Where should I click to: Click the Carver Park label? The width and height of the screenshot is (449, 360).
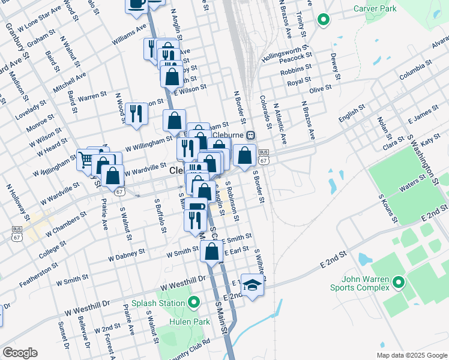pyautogui.click(x=375, y=9)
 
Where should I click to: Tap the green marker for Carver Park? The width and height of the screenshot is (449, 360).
pyautogui.click(x=324, y=20)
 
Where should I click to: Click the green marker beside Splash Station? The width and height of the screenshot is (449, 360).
pyautogui.click(x=193, y=303)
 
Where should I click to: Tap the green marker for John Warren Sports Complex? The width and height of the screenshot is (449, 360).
pyautogui.click(x=396, y=282)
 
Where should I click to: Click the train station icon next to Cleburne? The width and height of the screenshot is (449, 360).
pyautogui.click(x=250, y=134)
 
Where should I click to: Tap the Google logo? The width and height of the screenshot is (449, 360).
pyautogui.click(x=20, y=353)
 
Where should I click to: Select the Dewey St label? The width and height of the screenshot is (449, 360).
pyautogui.click(x=334, y=66)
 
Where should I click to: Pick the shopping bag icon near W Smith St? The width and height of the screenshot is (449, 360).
pyautogui.click(x=211, y=251)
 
